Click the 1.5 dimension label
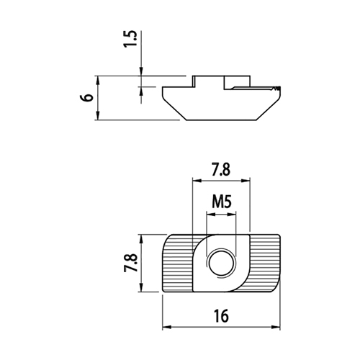point(130,39)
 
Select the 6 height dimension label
point(87,97)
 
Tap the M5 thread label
point(222,202)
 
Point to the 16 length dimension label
point(221,316)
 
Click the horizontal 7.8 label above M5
point(221,169)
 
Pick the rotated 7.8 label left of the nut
point(131,263)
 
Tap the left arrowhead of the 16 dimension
point(167,327)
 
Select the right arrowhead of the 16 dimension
point(276,327)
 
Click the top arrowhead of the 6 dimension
point(97,81)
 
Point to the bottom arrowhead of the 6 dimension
point(97,115)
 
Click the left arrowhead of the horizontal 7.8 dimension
point(197,181)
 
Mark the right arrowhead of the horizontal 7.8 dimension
point(246,181)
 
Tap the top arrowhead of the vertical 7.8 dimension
point(141,239)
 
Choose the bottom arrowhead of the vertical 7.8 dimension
point(141,287)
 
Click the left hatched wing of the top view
point(178,263)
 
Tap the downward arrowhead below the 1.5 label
point(141,71)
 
